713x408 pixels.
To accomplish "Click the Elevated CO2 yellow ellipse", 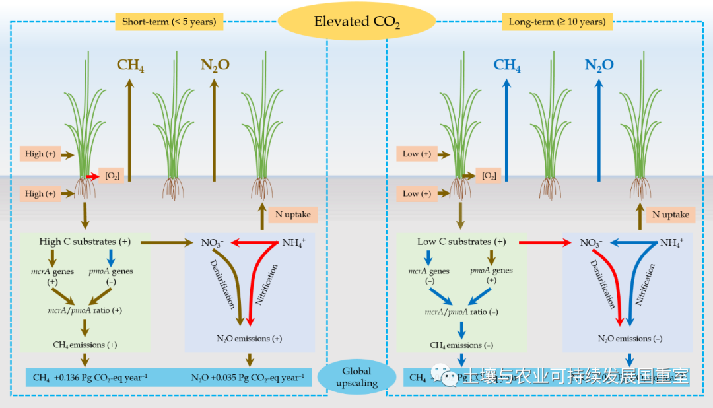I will click(x=356, y=22).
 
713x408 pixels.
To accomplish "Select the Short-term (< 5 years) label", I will click(x=169, y=22).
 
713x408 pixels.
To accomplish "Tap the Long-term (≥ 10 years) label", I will click(x=557, y=22).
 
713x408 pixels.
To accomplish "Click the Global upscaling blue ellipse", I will click(x=356, y=377).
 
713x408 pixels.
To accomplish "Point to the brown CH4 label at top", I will click(x=131, y=65).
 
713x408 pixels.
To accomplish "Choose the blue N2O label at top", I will click(x=599, y=65).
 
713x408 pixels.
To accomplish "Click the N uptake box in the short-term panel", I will click(x=289, y=215).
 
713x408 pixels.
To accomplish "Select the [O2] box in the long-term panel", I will click(x=489, y=176).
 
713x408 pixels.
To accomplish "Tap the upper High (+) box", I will click(x=40, y=154).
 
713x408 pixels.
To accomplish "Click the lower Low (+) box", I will click(x=417, y=193).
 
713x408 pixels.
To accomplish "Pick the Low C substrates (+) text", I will click(x=462, y=242).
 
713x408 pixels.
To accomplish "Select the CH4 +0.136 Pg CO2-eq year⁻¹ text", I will click(x=90, y=378).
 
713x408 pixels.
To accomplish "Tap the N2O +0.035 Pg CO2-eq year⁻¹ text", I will click(x=248, y=378).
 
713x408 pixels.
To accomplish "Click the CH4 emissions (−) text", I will click(x=461, y=345).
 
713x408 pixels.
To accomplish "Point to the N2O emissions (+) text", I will click(x=249, y=338).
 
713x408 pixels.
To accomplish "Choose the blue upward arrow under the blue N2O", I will click(x=599, y=129).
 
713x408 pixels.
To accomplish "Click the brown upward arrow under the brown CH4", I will click(x=129, y=129).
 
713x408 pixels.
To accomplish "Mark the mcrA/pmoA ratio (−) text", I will click(x=461, y=312).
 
